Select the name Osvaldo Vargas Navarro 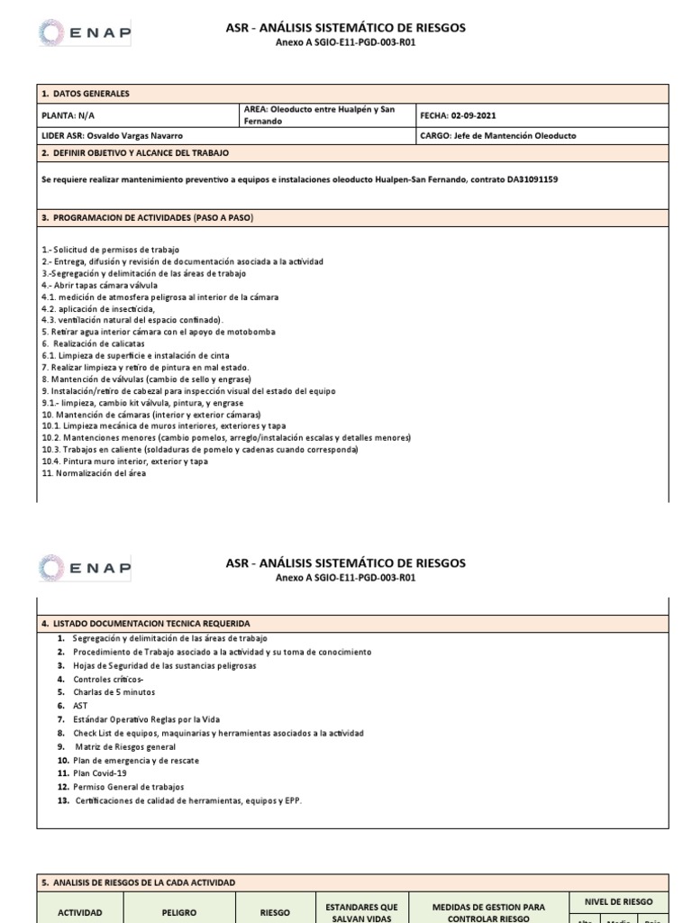coord(133,136)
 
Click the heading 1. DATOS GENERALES coord(86,94)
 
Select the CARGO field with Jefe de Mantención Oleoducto coord(498,136)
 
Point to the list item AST coord(81,706)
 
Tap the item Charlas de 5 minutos coord(114,692)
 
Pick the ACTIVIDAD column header coord(81,912)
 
